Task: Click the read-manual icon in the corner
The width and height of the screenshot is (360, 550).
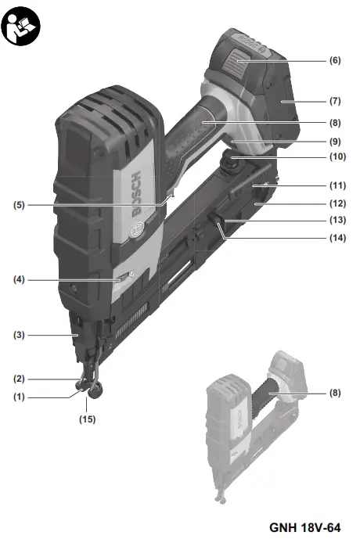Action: tap(20, 27)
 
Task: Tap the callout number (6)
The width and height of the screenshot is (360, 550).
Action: tap(335, 60)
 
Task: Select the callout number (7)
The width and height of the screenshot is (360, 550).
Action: tap(335, 101)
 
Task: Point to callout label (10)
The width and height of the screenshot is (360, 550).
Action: tap(337, 156)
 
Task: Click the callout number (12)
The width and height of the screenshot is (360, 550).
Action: tap(337, 203)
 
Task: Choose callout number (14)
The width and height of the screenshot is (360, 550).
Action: tap(337, 238)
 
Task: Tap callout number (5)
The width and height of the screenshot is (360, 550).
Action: tap(20, 205)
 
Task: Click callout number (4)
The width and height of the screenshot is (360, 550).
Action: tap(20, 280)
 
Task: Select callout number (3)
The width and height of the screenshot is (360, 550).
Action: tap(20, 335)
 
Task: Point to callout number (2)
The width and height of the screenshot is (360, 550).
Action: tap(20, 379)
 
